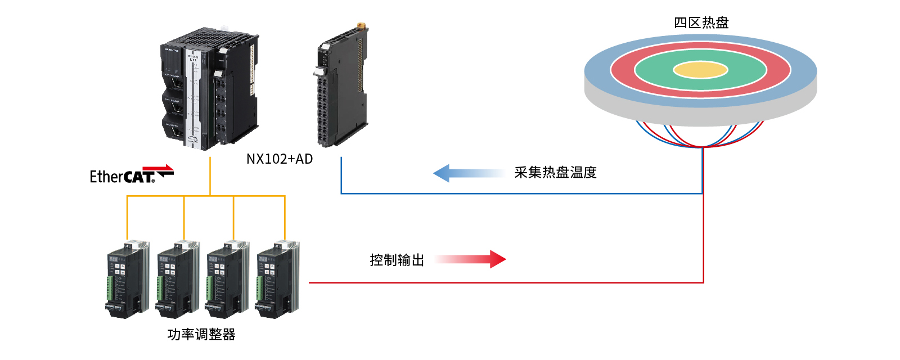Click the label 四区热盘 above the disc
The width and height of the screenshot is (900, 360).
coord(701,22)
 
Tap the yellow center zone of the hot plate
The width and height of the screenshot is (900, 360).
coord(700,70)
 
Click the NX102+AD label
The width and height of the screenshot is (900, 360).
coord(280,159)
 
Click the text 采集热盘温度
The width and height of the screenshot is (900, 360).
coord(555,173)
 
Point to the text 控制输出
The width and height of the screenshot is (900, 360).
coord(397,260)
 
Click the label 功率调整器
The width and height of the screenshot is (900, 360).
coord(201,335)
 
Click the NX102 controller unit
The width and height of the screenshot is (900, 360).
coord(208,90)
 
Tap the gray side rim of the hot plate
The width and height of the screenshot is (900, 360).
coord(700,115)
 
